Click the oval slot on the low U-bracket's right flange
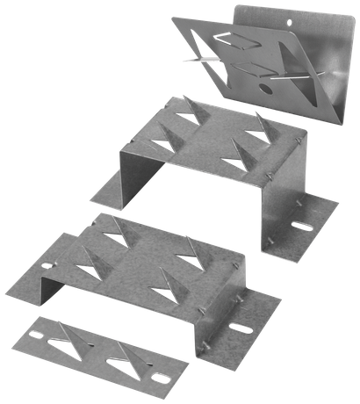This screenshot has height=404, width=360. (240, 330)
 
